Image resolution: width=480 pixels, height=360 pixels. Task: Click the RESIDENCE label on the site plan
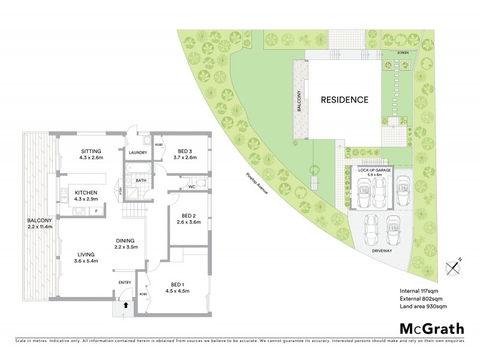[x=343, y=100]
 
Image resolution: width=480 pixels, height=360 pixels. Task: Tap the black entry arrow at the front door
[x=125, y=305]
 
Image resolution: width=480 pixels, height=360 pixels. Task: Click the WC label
[x=192, y=186]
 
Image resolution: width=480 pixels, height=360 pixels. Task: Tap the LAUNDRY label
[x=137, y=152]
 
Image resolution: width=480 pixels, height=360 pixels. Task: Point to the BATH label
[x=141, y=180]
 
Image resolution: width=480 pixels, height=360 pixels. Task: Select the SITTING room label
[x=92, y=151]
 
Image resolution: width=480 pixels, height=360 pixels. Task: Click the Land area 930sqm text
[x=423, y=307]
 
